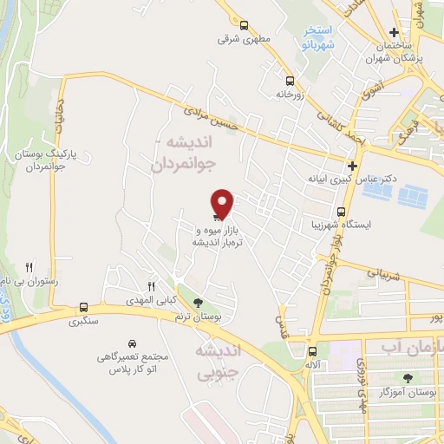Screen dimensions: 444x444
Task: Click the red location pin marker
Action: tap(223, 203)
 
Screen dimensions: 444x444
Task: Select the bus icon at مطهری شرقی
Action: tap(243, 25)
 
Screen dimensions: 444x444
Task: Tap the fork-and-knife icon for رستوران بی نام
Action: tap(29, 267)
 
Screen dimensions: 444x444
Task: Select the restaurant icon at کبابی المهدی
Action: tap(151, 286)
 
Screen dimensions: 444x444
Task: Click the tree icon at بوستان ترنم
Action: tap(199, 303)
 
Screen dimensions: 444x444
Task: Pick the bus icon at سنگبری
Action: tap(83, 307)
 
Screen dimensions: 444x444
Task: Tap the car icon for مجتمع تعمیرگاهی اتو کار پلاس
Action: tap(132, 344)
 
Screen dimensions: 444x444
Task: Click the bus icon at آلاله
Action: tap(312, 350)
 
